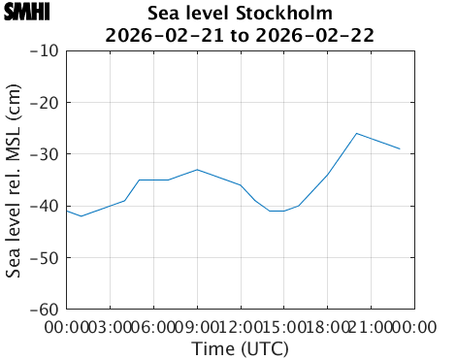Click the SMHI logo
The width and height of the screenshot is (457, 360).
[x=26, y=13]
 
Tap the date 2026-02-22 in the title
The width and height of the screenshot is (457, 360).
[x=321, y=35]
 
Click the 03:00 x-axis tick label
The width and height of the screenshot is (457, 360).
[x=111, y=327]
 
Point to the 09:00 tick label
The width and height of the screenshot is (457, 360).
[x=197, y=327]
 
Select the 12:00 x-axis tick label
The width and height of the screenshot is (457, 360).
[x=241, y=327]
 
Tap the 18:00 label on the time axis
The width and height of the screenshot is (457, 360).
[x=327, y=327]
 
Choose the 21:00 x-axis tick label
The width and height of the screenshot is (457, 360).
[x=371, y=327]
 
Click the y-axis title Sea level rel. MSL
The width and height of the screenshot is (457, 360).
[x=15, y=180]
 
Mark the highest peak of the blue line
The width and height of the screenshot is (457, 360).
[x=357, y=133]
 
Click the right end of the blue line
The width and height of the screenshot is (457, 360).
[x=400, y=148]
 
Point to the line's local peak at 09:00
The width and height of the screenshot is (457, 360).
[x=197, y=170]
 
